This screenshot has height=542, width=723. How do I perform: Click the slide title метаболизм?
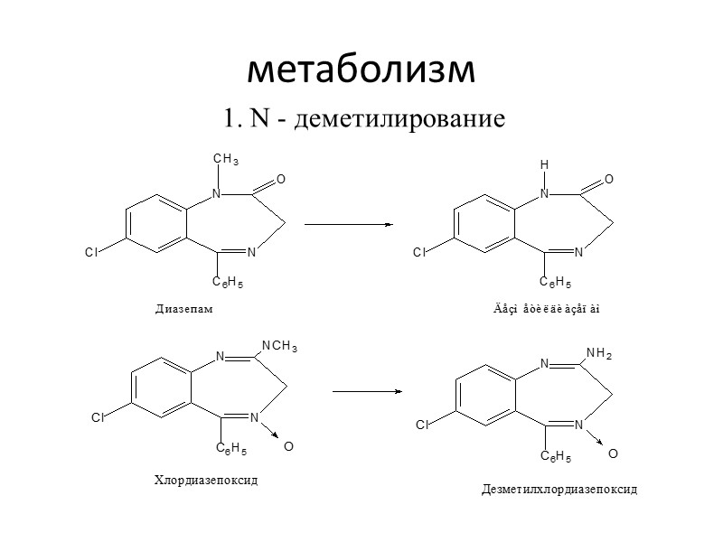(361, 70)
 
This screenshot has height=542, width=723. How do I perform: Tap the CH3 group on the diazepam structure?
(225, 161)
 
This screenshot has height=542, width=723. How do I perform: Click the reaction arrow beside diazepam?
(349, 224)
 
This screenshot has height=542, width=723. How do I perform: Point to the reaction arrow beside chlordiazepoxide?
(367, 391)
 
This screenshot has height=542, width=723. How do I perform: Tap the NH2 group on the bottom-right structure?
(599, 351)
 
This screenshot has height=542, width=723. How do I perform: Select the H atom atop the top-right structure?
(544, 166)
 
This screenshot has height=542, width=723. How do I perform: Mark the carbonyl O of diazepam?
(281, 181)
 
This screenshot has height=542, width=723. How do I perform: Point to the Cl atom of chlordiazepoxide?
(98, 418)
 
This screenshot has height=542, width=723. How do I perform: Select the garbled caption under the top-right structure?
(541, 311)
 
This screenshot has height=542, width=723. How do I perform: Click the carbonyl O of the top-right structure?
(609, 181)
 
